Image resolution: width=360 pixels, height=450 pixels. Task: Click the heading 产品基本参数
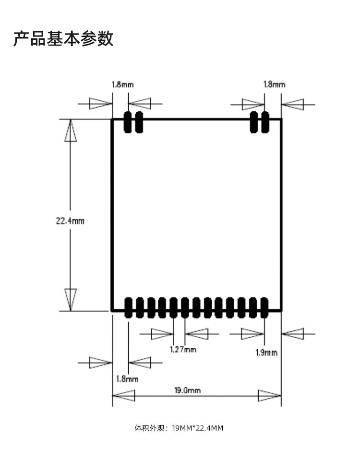coord(63,39)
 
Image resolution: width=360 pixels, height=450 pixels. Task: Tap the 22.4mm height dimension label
coord(70,221)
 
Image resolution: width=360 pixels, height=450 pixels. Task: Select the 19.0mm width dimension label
coord(187,391)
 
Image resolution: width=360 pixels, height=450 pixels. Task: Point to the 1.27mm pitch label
coord(183,349)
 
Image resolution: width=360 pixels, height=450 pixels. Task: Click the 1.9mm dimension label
coord(266,353)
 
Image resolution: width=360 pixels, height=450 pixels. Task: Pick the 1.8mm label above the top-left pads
coord(122,84)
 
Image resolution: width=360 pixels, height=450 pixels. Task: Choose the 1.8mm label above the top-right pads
coord(274,84)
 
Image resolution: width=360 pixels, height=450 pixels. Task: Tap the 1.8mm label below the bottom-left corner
coord(127,379)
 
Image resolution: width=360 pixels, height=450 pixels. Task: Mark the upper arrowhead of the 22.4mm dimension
coord(71,130)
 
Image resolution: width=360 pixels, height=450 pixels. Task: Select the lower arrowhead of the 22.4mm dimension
coord(71,299)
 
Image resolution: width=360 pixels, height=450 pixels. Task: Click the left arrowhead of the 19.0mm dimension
coord(124,396)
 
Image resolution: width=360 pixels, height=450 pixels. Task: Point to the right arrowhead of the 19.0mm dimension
coord(269,396)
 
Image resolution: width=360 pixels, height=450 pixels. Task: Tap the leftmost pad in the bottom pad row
coord(128,308)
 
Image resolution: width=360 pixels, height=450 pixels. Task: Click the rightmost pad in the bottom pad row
coord(264,308)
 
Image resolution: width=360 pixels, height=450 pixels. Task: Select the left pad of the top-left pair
coord(128,122)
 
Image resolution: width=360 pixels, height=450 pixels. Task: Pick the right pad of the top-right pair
coord(265,122)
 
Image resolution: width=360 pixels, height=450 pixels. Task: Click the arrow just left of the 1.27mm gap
coord(162,333)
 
